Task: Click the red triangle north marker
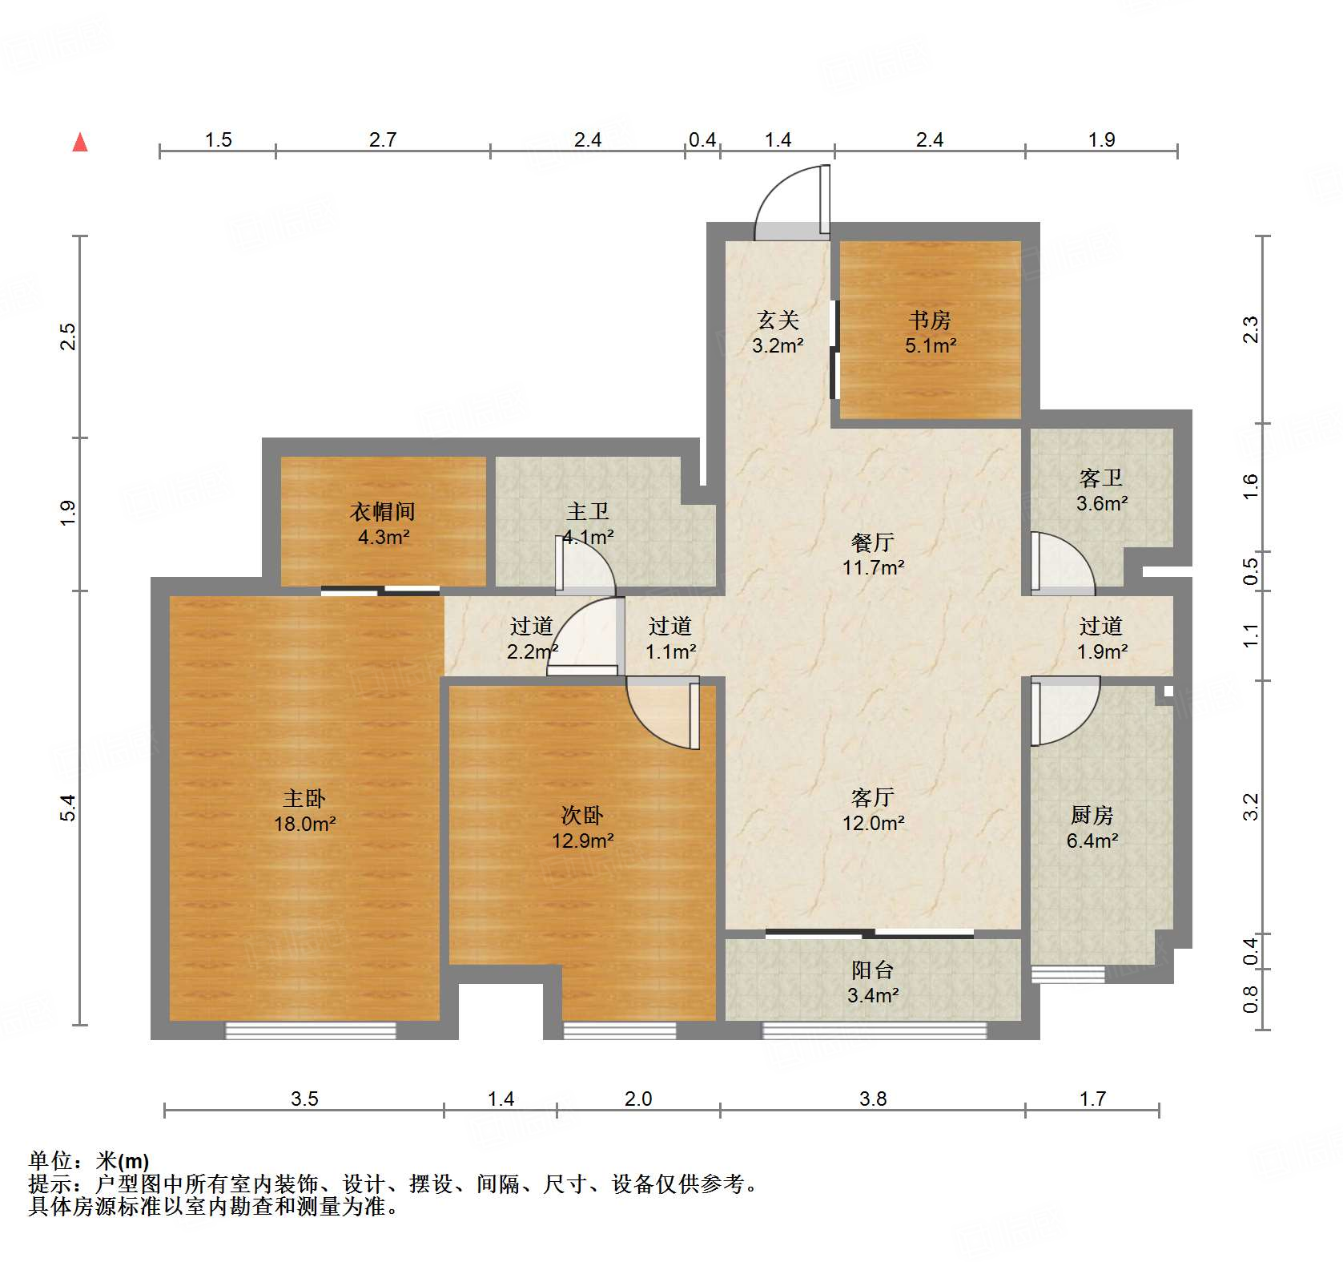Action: [x=80, y=143]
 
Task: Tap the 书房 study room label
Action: [x=930, y=321]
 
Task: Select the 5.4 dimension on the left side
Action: [x=68, y=807]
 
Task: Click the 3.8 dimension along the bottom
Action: [x=873, y=1099]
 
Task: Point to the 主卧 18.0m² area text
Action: [x=304, y=824]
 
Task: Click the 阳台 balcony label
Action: [x=872, y=970]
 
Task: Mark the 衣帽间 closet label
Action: [x=383, y=511]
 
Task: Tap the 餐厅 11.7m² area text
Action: [x=873, y=567]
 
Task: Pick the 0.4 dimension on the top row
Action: [x=702, y=140]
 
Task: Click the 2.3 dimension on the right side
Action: [x=1251, y=329]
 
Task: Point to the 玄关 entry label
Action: [x=778, y=321]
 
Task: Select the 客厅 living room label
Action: [x=872, y=797]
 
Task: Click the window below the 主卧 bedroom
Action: [x=311, y=1030]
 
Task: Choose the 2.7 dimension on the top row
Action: [x=383, y=140]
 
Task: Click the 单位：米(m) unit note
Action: [x=89, y=1160]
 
